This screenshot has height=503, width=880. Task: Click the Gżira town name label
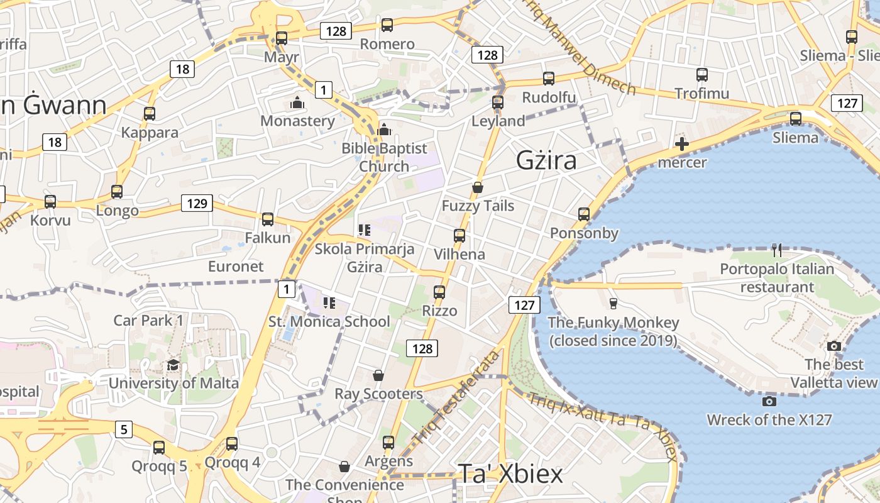546,160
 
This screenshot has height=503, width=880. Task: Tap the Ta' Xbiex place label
510,474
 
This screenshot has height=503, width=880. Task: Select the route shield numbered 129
197,203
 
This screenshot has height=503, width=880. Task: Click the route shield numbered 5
124,430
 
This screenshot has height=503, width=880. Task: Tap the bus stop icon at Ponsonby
584,214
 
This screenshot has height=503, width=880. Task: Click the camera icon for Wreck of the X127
769,401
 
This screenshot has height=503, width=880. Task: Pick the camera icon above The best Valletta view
834,346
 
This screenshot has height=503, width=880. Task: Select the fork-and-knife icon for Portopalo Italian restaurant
777,250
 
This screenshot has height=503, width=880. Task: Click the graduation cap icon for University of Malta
173,365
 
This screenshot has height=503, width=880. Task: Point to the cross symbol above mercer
682,144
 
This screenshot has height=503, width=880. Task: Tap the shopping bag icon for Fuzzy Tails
478,187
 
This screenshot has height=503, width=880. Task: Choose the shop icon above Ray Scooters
378,375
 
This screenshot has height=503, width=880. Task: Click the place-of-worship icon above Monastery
297,102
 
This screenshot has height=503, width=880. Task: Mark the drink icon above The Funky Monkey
613,304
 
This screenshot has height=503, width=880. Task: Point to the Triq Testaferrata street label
457,396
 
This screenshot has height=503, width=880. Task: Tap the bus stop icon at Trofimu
702,75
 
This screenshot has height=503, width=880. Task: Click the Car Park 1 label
148,320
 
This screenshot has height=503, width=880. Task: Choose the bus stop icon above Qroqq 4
232,444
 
